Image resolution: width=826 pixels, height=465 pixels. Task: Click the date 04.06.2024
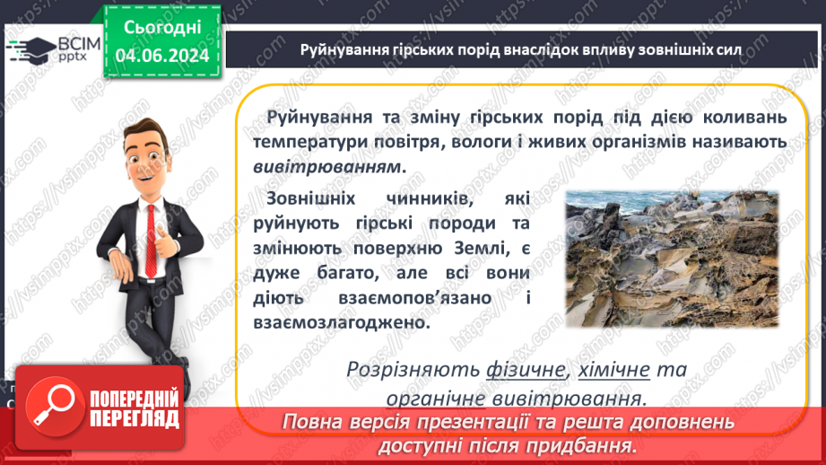pos(161,56)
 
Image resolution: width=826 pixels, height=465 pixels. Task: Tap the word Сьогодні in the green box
pos(161,28)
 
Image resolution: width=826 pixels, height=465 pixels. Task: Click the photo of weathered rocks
pos(675,258)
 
